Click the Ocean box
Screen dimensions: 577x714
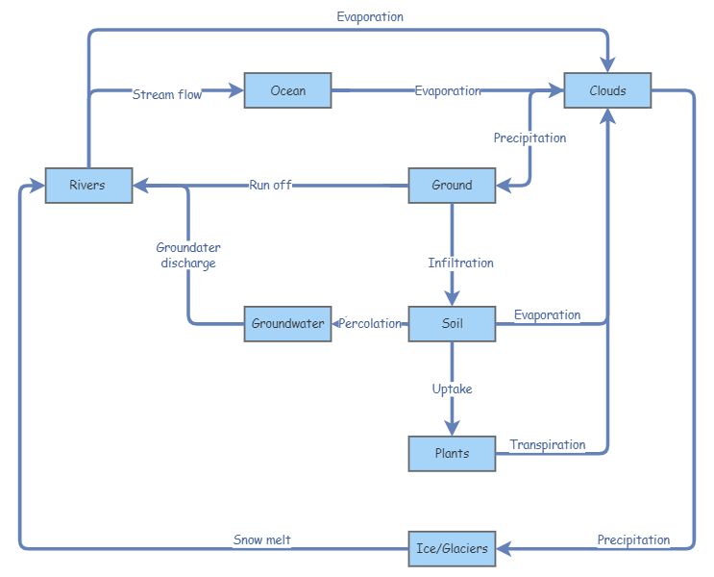click(287, 90)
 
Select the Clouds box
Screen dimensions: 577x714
click(607, 90)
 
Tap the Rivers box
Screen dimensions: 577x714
click(88, 185)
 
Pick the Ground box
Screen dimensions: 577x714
click(452, 185)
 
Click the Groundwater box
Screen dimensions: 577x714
click(287, 323)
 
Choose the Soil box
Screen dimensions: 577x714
click(452, 323)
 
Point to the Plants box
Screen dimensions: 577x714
click(452, 453)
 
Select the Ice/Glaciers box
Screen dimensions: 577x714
click(452, 548)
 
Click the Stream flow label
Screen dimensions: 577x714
click(167, 94)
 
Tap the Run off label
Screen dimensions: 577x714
click(270, 185)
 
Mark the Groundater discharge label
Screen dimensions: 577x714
click(188, 255)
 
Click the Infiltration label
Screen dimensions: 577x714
click(460, 263)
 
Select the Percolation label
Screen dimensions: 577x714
click(370, 323)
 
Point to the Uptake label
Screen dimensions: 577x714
click(452, 389)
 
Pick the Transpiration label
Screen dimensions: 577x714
click(547, 444)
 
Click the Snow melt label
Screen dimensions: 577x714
click(261, 540)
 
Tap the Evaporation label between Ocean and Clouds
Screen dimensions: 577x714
click(447, 90)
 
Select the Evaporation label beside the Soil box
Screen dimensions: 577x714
click(547, 314)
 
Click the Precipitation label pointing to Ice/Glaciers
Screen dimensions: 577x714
click(633, 539)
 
